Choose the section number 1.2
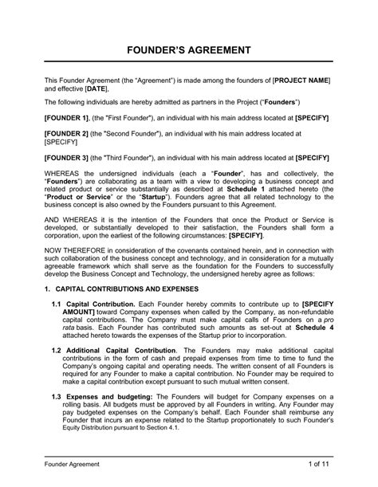tap(57, 372)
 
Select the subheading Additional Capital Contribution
tap(123, 372)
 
